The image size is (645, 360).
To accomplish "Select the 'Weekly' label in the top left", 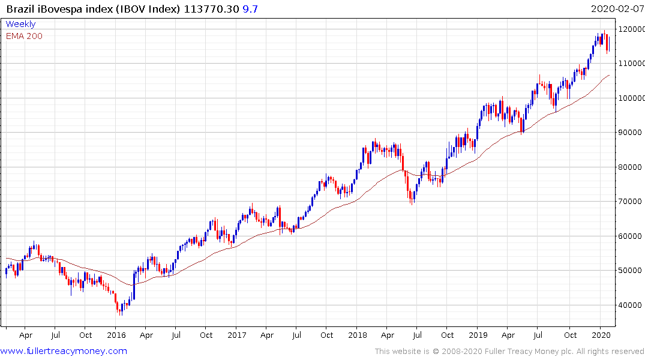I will [20, 24].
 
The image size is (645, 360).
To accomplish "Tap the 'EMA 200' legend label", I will [24, 36].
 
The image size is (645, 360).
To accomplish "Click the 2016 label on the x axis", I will [116, 335].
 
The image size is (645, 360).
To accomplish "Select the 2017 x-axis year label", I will [237, 335].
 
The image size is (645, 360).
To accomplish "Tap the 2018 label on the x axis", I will [358, 335].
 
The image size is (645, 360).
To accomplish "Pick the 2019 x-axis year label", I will [478, 335].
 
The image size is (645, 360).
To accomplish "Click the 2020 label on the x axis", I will [600, 335].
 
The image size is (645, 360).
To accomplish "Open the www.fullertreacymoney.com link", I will [64, 351].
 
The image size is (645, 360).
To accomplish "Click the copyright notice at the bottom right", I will [509, 352].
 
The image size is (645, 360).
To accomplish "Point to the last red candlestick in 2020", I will [608, 43].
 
